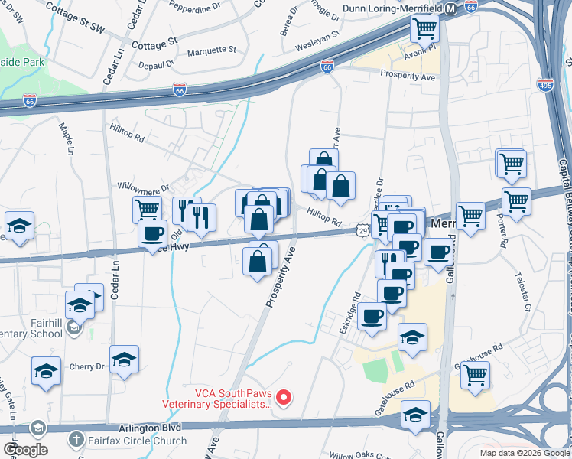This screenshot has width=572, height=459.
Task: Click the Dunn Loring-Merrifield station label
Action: tap(392, 8)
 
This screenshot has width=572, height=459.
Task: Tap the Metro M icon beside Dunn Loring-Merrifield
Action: tap(451, 8)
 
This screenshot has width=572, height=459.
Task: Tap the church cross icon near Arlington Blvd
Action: tap(75, 440)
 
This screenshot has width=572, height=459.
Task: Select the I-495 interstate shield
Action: tap(545, 84)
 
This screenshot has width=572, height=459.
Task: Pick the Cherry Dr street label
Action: tap(88, 366)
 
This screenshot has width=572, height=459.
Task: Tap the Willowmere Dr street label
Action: tap(142, 185)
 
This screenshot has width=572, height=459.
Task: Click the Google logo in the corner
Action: tap(25, 450)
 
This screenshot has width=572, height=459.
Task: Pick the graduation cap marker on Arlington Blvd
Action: tap(415, 416)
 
